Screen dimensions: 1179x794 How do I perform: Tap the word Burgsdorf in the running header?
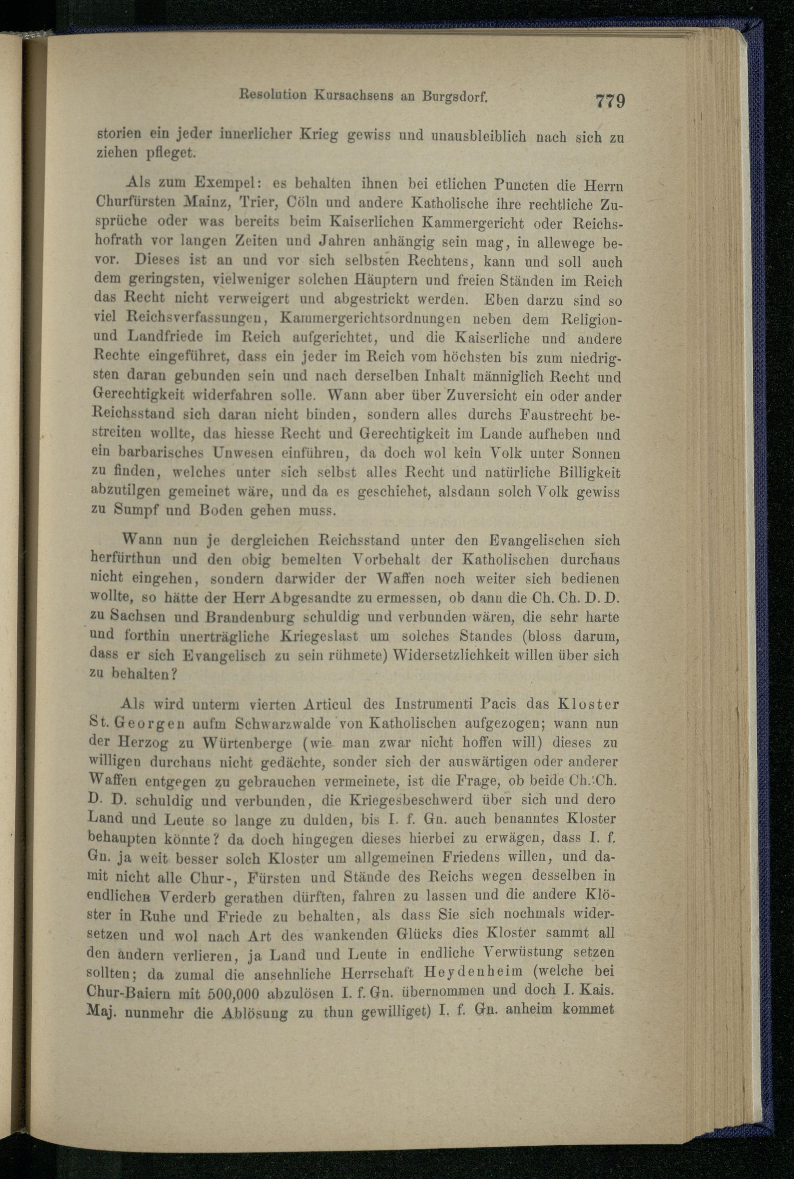tap(454, 96)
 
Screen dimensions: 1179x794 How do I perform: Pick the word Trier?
tap(256, 202)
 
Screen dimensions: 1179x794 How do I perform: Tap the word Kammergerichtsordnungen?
tap(370, 318)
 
